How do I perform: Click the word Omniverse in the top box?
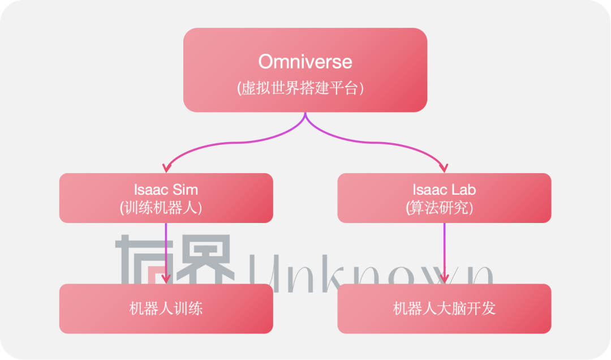305,61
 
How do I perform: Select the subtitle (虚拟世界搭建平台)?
305,88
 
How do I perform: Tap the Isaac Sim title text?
166,188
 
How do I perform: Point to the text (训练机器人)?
166,208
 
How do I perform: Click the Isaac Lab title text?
444,188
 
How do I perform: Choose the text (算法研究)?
444,208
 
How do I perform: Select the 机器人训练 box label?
166,308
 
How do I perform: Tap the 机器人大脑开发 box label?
444,308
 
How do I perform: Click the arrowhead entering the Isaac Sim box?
166,168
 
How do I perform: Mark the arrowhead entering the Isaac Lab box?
444,168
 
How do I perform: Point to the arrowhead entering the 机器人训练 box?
166,278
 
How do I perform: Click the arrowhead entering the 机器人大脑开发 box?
444,278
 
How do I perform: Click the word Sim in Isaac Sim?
184,188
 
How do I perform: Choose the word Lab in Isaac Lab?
463,188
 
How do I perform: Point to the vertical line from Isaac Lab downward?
444,249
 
